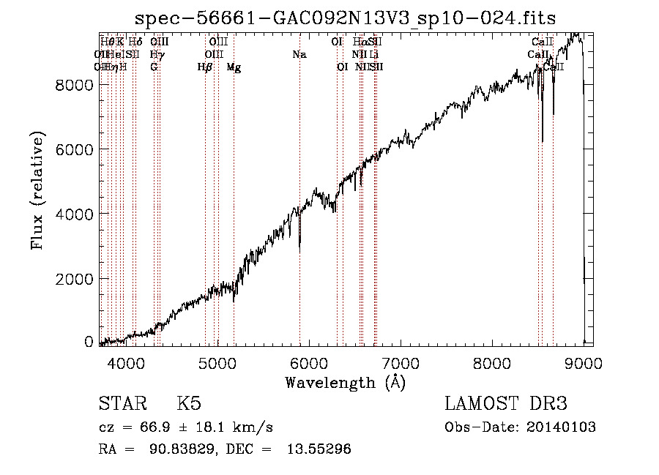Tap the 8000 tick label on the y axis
[x=75, y=85]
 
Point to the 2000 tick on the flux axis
[x=75, y=278]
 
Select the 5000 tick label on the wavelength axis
[x=217, y=362]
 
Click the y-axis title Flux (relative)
[x=38, y=190]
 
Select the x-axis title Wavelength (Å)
[x=346, y=382]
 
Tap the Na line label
[x=299, y=55]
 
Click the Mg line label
[x=234, y=67]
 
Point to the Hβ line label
[x=205, y=67]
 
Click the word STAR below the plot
[x=121, y=404]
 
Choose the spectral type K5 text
[x=189, y=404]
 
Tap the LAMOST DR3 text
[x=506, y=404]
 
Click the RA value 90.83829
[x=176, y=449]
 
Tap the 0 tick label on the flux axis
[x=89, y=342]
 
